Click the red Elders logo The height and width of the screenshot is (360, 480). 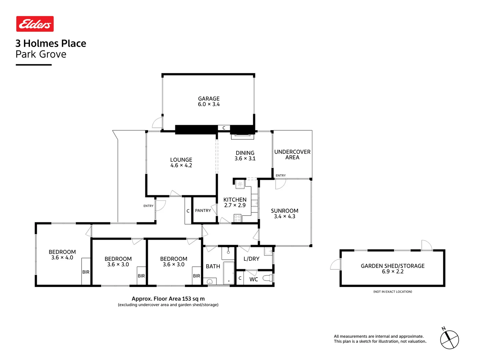(35, 24)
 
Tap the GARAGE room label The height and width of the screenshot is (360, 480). (209, 99)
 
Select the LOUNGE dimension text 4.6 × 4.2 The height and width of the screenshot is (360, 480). (181, 166)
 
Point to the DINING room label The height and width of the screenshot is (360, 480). (245, 153)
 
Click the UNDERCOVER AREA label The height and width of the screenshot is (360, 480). (292, 155)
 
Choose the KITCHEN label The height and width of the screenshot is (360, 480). (235, 200)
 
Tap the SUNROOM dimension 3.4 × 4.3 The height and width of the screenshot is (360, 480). (285, 217)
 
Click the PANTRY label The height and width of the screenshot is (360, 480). (203, 211)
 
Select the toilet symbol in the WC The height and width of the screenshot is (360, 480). (268, 278)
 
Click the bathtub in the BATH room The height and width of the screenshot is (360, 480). (229, 273)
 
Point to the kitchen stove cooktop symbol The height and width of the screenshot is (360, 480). (238, 218)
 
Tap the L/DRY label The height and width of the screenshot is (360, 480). (251, 259)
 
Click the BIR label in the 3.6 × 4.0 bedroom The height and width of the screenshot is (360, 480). (86, 272)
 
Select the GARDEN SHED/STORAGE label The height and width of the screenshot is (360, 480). (393, 266)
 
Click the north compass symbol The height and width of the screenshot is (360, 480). (449, 340)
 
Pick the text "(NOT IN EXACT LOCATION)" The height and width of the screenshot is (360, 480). (393, 292)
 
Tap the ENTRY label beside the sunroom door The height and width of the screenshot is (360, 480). (281, 176)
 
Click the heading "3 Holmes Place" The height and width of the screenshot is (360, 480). (51, 44)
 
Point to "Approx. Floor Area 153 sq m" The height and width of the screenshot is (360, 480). (168, 299)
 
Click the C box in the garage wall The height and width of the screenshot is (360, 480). (224, 128)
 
